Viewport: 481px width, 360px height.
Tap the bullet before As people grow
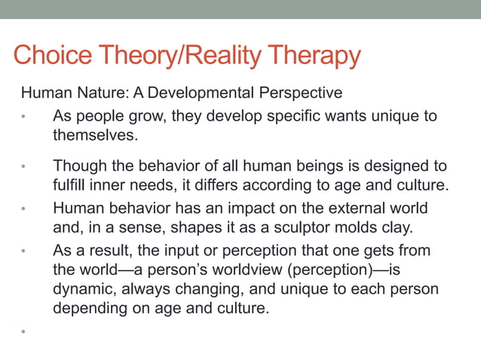24,117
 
